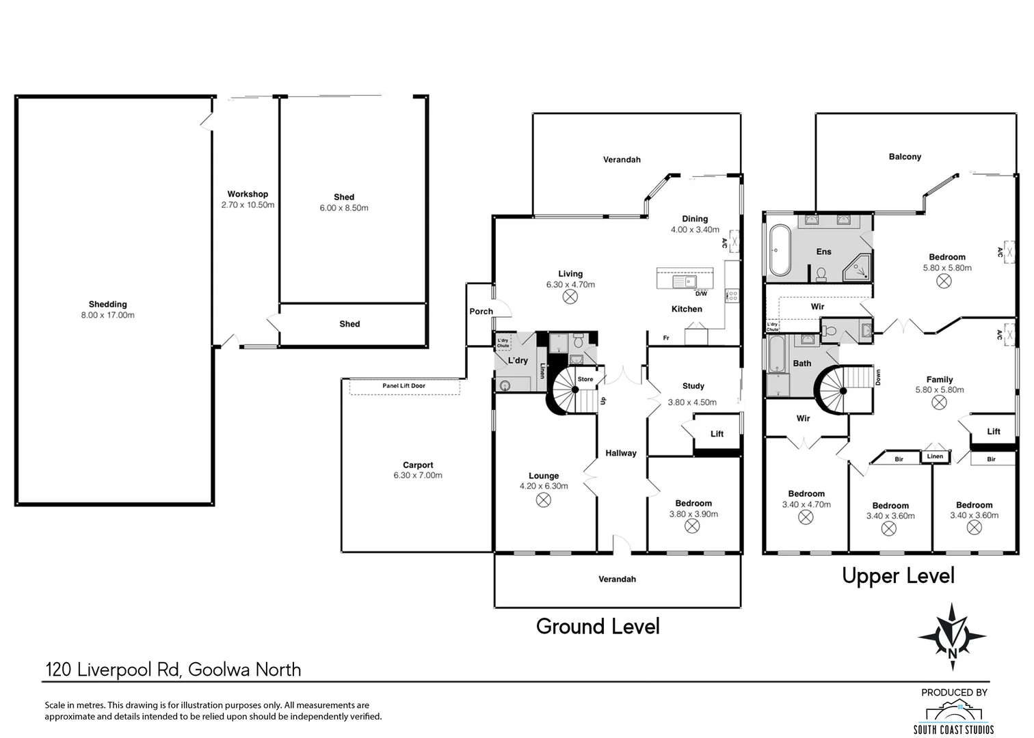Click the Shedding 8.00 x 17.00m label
pos(108,310)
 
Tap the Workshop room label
pos(248,195)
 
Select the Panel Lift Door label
pos(403,386)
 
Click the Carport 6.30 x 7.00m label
pos(418,470)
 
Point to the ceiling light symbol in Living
pos(570,297)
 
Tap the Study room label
pos(693,386)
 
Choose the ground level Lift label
pos(717,434)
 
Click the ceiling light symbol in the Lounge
pos(543,500)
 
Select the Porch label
pos(481,312)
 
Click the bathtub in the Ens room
pos(780,250)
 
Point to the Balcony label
pos(905,157)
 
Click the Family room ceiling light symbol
pos(939,402)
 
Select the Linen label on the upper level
pos(935,456)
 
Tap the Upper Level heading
pos(898,576)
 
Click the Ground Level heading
pos(598,627)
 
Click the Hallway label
pos(620,453)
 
